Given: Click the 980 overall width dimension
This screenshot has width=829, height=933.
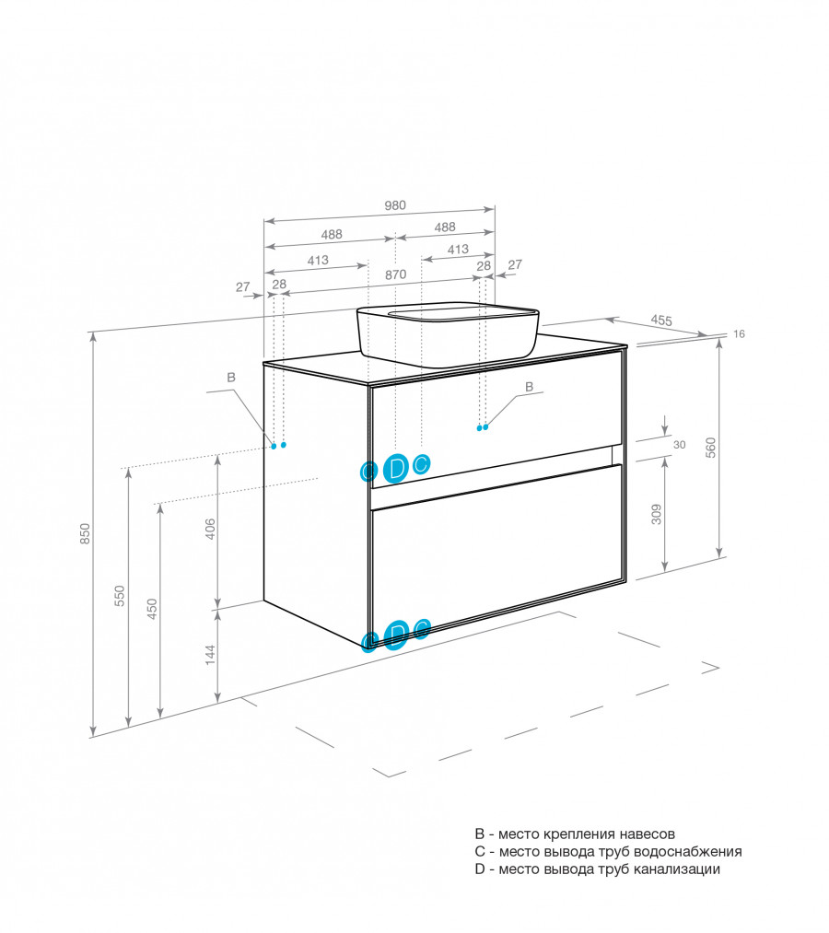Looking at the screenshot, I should [x=394, y=205].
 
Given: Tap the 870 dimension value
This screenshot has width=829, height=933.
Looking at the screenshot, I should [x=396, y=274].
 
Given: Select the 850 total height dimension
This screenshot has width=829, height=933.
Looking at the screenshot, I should [x=85, y=533].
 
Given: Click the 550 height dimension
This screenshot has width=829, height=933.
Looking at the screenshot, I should [x=120, y=596].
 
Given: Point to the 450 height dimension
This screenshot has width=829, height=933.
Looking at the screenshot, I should [x=152, y=609].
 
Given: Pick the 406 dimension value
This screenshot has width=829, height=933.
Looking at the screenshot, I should [x=209, y=530].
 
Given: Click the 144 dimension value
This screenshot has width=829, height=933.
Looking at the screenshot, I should [x=209, y=655].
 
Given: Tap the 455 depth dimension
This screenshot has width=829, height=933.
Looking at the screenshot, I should [x=660, y=321].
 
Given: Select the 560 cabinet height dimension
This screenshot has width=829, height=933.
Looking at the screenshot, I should [x=710, y=448].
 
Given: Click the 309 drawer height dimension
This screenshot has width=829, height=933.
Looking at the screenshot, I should [x=656, y=514].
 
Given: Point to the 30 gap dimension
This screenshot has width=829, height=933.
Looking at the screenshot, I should [x=680, y=445].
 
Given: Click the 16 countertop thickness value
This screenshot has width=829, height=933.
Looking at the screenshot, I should [x=739, y=334].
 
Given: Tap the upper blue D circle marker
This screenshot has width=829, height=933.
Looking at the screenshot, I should [x=396, y=468].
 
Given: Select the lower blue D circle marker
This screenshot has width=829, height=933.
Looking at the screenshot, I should [x=396, y=634].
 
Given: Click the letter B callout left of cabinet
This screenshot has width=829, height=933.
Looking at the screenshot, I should [x=231, y=378].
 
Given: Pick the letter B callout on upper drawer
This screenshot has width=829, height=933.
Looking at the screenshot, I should [x=529, y=387].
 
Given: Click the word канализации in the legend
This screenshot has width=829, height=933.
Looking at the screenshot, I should [x=677, y=869].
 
